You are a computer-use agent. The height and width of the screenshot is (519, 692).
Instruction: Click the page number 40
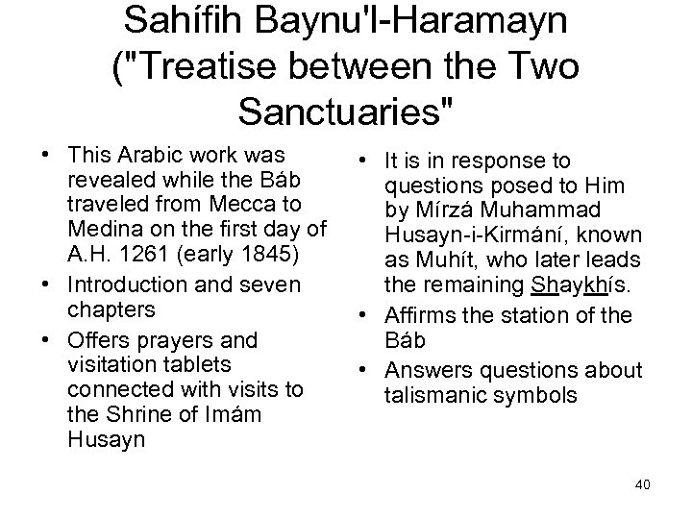(x=642, y=483)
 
